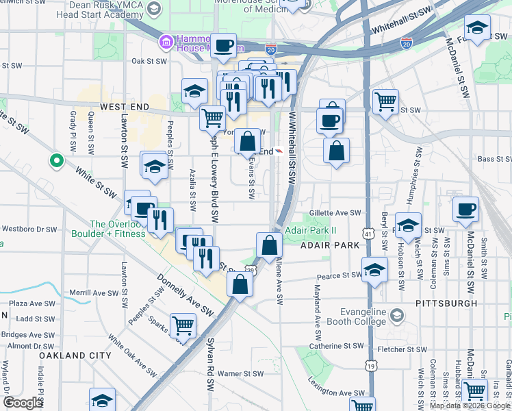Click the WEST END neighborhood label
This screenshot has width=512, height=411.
(124, 108)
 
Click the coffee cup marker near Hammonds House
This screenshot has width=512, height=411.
(224, 47)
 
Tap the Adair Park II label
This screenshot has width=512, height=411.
(311, 230)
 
